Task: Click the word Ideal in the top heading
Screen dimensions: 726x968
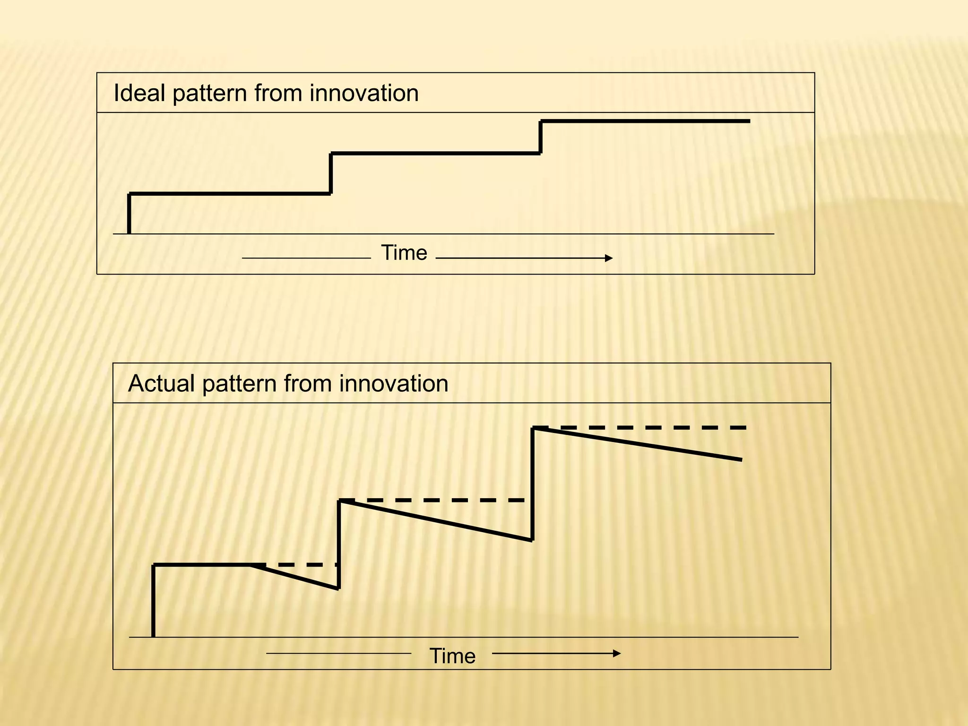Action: [x=139, y=93]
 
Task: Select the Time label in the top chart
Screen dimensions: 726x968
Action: [x=404, y=253]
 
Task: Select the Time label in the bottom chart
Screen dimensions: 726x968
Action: [x=452, y=656]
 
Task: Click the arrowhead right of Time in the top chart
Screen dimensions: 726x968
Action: [x=609, y=258]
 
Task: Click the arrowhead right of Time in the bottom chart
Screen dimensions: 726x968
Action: [x=617, y=654]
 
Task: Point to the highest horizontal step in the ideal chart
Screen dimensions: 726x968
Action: [x=645, y=121]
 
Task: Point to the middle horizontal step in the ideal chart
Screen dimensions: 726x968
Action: [x=435, y=154]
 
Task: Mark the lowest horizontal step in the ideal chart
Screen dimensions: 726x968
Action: [x=230, y=194]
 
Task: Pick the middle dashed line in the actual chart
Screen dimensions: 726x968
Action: [x=440, y=500]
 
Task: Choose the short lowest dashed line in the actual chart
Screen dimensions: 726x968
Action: [x=302, y=565]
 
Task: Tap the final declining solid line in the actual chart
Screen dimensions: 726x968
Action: [x=638, y=443]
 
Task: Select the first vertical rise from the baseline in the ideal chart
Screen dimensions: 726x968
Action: [x=129, y=214]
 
